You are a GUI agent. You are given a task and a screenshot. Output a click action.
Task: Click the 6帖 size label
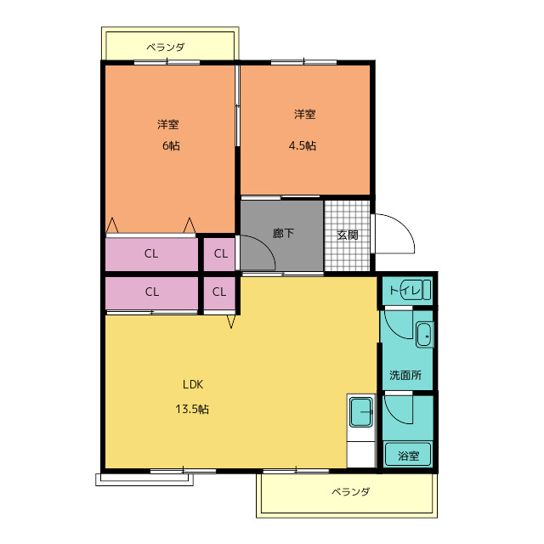[171, 145]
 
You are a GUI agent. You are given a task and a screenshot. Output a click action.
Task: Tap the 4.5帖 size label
[303, 145]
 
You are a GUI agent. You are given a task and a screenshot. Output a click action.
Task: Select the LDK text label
[193, 384]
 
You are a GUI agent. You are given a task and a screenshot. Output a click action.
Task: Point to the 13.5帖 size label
[192, 410]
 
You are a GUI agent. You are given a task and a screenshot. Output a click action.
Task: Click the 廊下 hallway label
[283, 233]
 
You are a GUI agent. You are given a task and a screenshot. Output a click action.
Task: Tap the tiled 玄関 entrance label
[348, 235]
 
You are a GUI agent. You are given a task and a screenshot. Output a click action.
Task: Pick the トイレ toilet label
[405, 290]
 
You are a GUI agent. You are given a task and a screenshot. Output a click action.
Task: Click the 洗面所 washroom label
[405, 375]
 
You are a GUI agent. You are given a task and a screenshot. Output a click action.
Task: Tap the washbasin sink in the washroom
[425, 335]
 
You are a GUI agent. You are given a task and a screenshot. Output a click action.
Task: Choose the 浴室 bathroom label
[409, 456]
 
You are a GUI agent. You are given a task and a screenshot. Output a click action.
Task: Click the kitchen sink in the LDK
[361, 412]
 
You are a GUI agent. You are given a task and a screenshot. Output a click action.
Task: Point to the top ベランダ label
[166, 47]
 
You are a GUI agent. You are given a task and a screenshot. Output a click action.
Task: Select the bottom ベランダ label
[351, 492]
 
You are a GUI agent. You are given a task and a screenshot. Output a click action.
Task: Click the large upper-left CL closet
[151, 254]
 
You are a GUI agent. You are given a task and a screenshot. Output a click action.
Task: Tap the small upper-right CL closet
[219, 254]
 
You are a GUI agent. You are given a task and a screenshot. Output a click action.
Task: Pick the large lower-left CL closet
[151, 292]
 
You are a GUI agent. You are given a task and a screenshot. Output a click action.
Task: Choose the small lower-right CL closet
[219, 292]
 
